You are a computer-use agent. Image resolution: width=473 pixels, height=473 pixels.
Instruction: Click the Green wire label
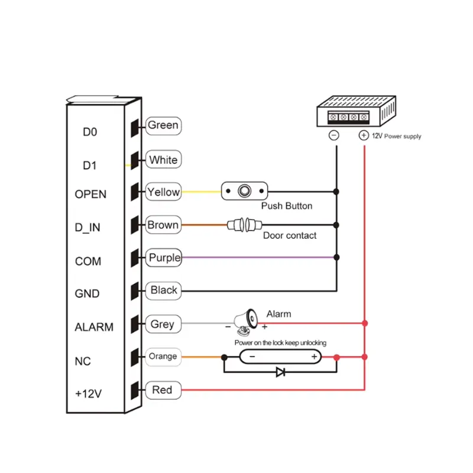tap(163, 125)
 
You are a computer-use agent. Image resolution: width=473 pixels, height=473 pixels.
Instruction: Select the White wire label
tap(163, 160)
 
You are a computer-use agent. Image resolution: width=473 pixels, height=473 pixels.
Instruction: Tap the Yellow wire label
tap(163, 192)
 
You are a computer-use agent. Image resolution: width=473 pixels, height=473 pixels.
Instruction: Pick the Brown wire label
tap(163, 225)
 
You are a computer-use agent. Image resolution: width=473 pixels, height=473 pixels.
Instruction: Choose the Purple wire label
tap(164, 258)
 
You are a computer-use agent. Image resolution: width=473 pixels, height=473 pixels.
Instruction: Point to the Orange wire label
tap(163, 357)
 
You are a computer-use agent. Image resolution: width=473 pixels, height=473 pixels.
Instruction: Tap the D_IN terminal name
tap(88, 228)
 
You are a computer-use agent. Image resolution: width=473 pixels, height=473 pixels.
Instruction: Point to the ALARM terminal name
tap(93, 327)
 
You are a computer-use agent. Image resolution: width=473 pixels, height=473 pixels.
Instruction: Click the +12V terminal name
tap(89, 393)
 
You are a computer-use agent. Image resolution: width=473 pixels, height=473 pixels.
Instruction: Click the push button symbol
tap(245, 191)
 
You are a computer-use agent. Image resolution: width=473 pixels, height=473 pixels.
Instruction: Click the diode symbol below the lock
tap(281, 372)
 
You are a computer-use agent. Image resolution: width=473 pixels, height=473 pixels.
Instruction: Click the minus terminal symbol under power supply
tap(333, 135)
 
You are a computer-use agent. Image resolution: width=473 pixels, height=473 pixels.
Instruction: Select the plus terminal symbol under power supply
tap(364, 135)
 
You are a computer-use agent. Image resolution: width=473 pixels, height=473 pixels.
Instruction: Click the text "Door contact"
tap(290, 235)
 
